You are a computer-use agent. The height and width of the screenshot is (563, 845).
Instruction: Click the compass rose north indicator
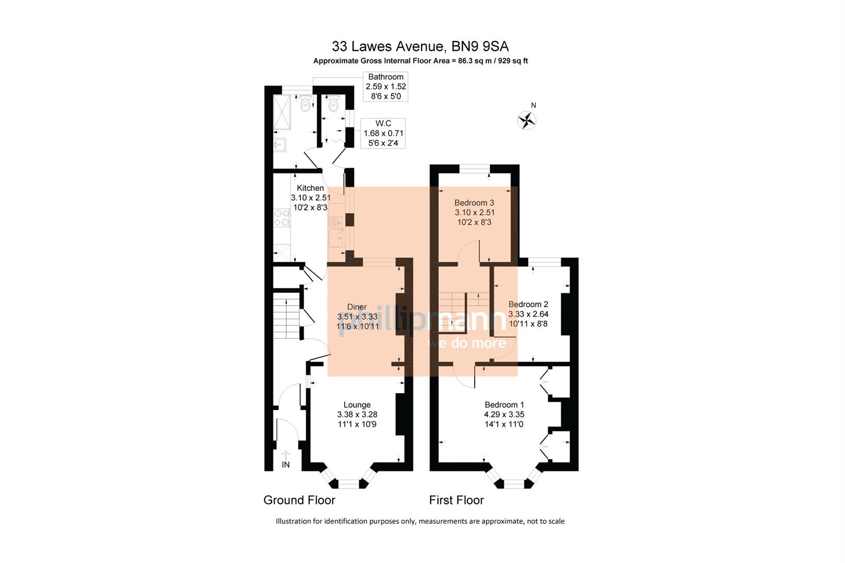(x=527, y=120)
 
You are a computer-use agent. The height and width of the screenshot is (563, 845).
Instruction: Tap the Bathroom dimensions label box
(x=385, y=87)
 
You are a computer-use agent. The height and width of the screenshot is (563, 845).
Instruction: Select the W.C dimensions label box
(x=383, y=133)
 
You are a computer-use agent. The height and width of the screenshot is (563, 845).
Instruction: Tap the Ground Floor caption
(x=299, y=500)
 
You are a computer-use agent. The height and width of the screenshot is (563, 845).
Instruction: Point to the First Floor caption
(x=456, y=500)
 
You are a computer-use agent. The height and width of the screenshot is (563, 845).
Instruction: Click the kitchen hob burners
(x=282, y=218)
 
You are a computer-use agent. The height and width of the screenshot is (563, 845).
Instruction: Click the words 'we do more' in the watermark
(x=466, y=342)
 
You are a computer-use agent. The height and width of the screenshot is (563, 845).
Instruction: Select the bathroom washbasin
(x=280, y=144)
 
